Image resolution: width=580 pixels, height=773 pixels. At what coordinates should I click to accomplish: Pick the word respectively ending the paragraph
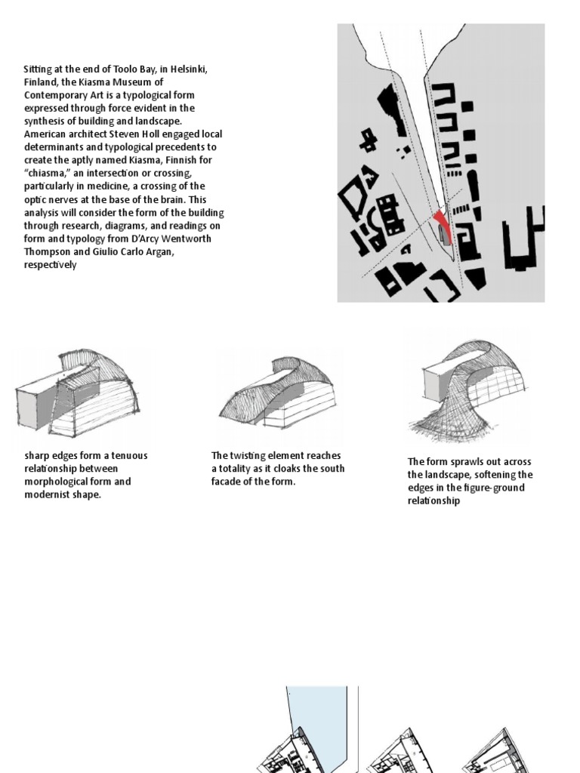pos(50,266)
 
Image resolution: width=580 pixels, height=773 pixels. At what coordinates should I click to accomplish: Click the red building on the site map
pos(443,226)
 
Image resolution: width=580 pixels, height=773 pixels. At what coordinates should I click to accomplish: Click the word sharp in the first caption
pos(36,456)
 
